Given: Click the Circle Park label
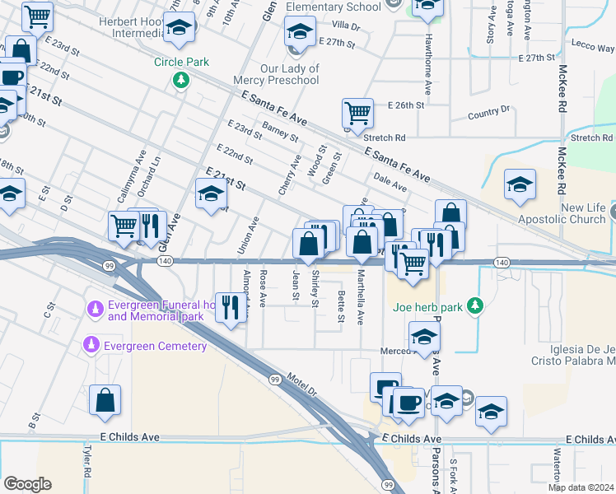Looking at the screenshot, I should (x=181, y=62).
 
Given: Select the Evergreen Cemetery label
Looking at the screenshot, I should (x=155, y=346).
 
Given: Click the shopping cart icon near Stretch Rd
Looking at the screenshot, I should (x=357, y=114).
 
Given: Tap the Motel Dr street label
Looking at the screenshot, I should (x=302, y=385).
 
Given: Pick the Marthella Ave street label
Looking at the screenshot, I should (x=360, y=298).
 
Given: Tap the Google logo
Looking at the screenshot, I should (x=27, y=484).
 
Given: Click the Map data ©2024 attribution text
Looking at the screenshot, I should (x=581, y=487).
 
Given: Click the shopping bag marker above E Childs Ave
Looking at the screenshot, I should (x=106, y=401).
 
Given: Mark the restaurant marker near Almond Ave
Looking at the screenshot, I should (x=230, y=307).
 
